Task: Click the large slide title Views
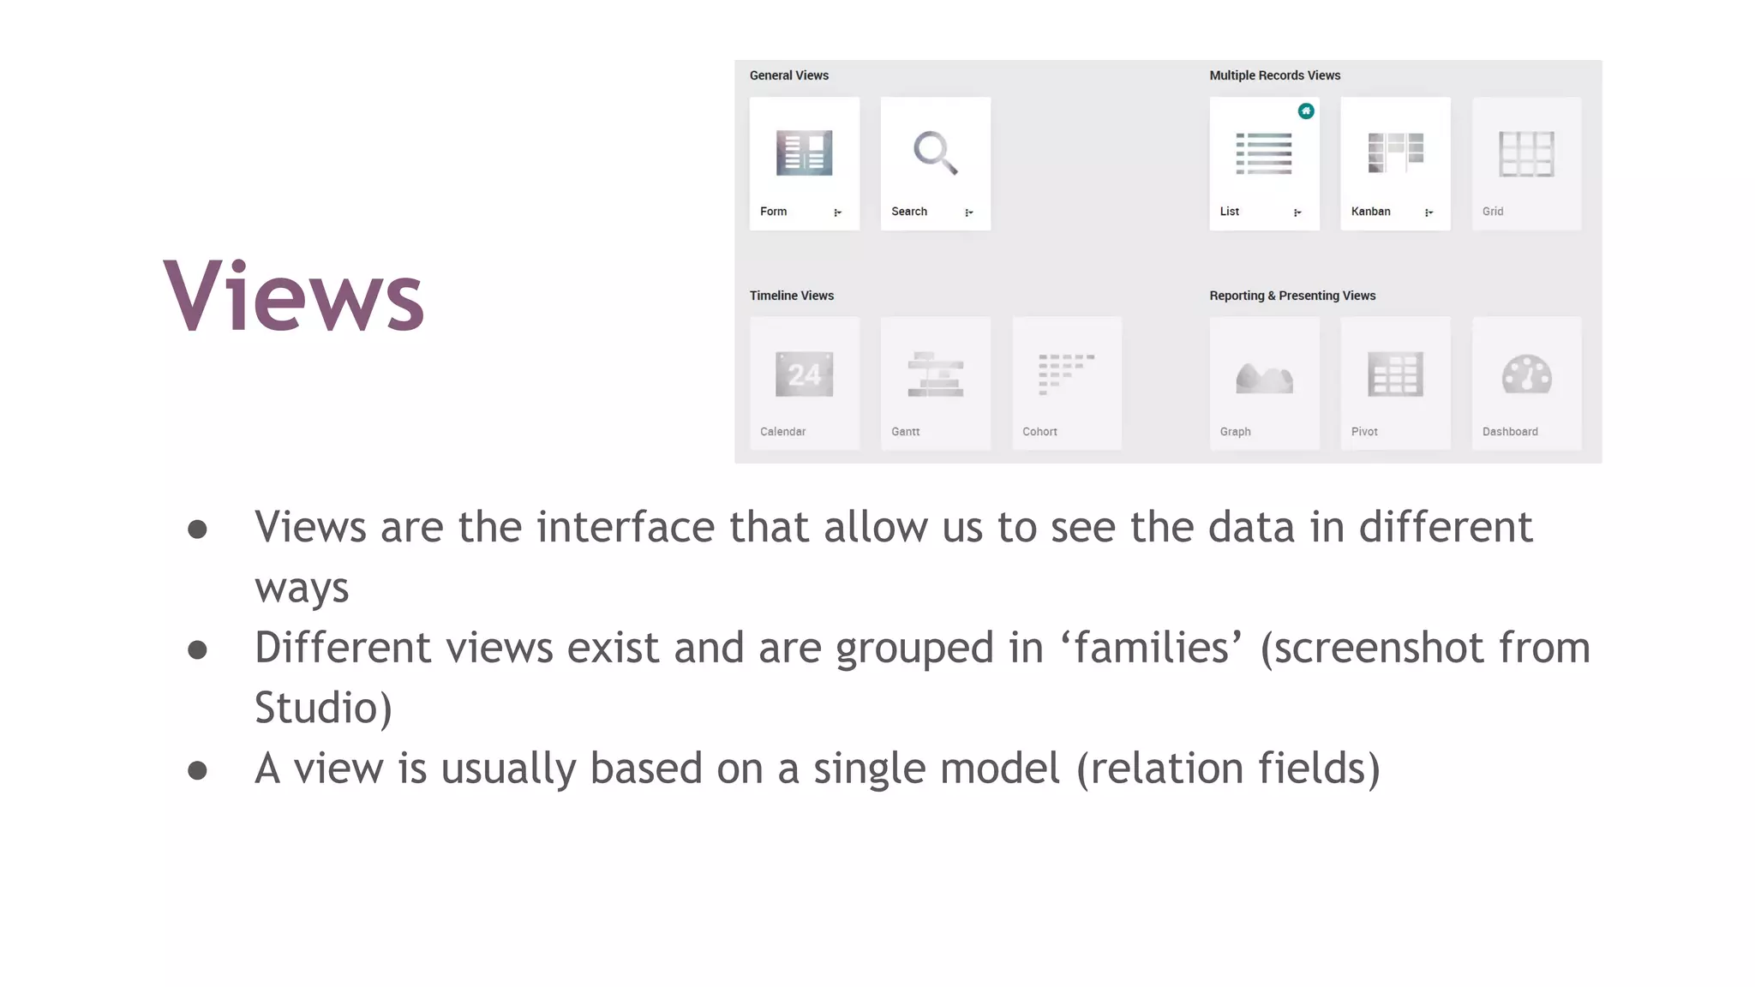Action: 293,296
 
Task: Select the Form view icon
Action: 804,153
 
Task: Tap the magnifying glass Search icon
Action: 935,153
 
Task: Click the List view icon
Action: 1264,154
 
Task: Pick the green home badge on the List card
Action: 1306,111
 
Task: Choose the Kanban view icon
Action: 1395,153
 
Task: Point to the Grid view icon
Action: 1526,154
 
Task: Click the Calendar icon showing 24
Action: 804,374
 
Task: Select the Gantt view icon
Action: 935,374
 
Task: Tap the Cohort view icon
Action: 1066,374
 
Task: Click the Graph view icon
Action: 1264,377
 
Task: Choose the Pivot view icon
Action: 1395,374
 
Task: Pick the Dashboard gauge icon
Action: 1526,374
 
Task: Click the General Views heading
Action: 789,75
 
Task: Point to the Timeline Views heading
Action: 792,296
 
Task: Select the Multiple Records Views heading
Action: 1275,75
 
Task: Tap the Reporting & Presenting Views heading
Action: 1292,296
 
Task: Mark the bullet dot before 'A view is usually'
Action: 198,770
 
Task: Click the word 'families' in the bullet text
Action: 1152,648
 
